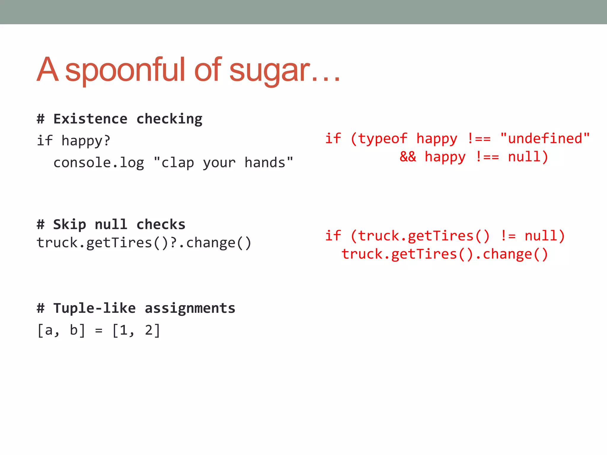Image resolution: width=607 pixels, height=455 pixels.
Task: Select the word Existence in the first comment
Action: point(90,119)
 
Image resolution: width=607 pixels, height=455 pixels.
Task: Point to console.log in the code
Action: point(99,163)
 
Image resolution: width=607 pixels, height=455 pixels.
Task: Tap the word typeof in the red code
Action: point(383,139)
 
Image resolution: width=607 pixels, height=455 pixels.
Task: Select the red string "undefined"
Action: point(545,138)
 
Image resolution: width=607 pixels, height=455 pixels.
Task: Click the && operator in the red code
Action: point(408,157)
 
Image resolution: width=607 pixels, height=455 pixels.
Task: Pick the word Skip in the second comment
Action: point(70,225)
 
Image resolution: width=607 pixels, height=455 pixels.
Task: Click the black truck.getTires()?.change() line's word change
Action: point(211,243)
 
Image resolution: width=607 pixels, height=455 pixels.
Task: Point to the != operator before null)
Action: point(508,236)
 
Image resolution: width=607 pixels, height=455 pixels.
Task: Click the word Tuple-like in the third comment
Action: point(95,308)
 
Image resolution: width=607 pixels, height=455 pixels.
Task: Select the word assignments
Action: point(190,308)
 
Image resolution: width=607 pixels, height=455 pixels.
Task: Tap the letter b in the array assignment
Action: point(74,330)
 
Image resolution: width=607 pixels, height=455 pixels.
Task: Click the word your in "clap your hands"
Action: point(219,163)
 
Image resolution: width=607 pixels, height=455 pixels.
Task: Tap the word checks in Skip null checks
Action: point(161,225)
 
